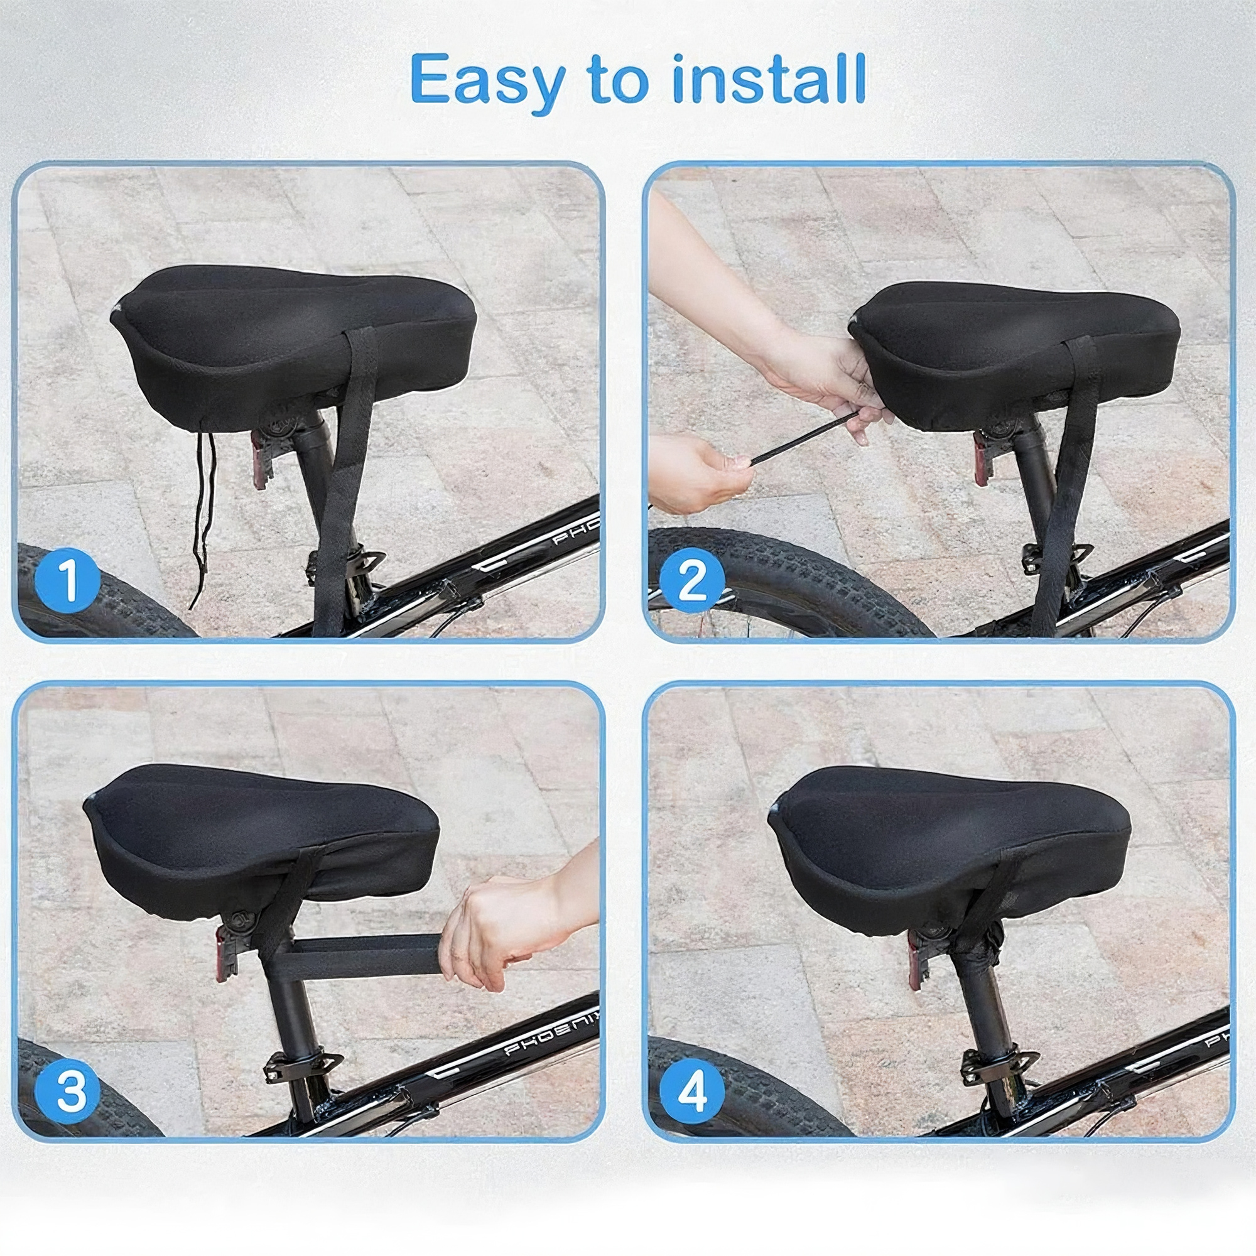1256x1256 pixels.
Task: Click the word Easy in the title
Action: coord(487,82)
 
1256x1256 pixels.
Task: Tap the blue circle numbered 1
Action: coord(68,580)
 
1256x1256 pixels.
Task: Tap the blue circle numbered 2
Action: coord(691,580)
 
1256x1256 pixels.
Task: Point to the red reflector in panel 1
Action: coord(259,459)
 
